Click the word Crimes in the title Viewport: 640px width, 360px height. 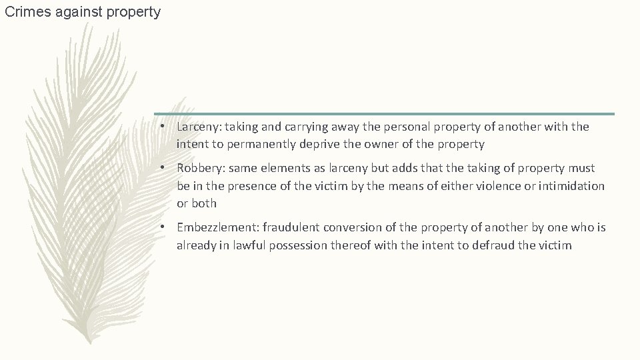(25, 12)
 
